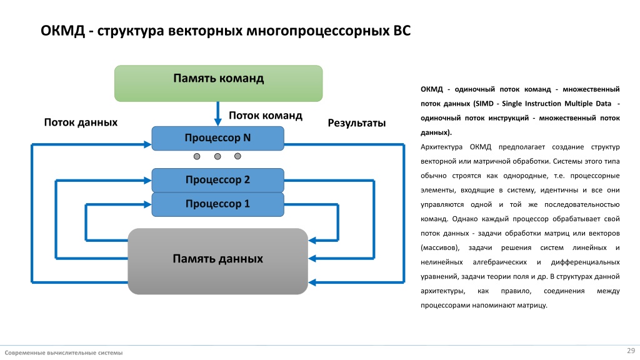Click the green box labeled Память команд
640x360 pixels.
tap(218, 83)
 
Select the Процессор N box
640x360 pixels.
tap(218, 138)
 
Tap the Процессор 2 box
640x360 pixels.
tap(218, 180)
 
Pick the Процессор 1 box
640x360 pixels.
tap(218, 204)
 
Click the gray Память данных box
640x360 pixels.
tap(218, 261)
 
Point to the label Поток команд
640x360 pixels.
tap(265, 116)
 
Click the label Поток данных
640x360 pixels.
tap(81, 122)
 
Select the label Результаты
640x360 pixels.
tap(357, 123)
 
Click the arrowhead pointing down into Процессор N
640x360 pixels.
tap(218, 122)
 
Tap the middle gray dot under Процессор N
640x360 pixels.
tap(217, 156)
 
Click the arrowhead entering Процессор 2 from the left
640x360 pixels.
tap(147, 180)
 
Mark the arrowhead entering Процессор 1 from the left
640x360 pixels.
tap(147, 204)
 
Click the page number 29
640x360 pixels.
tap(631, 351)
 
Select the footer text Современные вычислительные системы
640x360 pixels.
tap(64, 352)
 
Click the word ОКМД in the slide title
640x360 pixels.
tap(63, 31)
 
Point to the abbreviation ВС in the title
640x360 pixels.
tap(402, 31)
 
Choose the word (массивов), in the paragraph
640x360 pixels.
tap(440, 247)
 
